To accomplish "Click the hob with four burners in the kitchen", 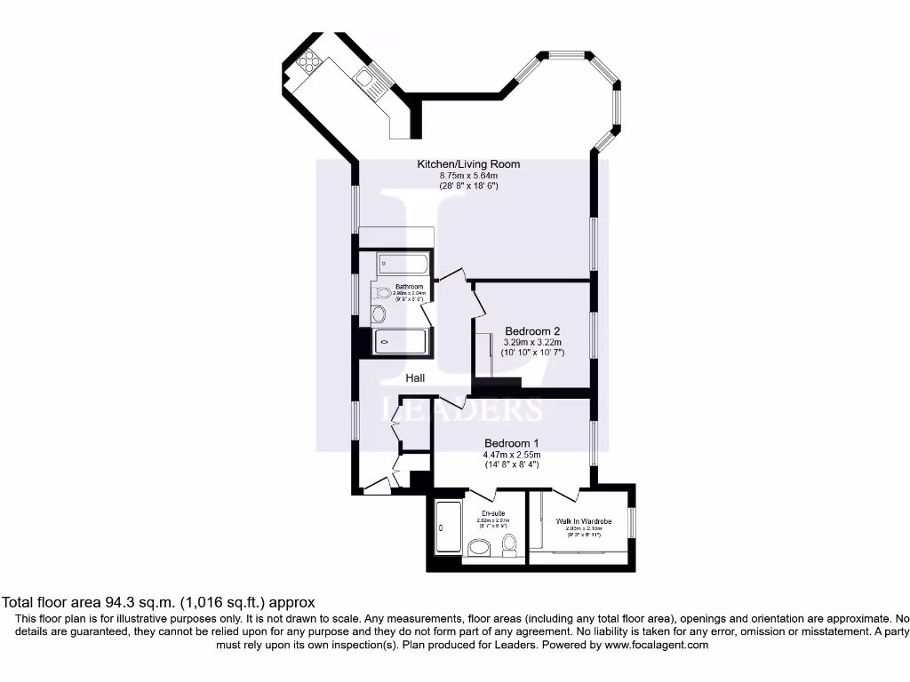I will (311, 61).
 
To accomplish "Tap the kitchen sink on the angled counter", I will (371, 81).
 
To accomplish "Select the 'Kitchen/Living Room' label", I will (468, 164).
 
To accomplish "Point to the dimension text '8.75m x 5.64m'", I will (468, 176).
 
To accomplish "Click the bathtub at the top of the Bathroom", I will (403, 264).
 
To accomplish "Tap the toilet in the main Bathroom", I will (383, 292).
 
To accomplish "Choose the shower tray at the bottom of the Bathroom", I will (401, 341).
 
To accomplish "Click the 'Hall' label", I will (415, 378).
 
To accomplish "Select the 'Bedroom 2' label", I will (532, 331).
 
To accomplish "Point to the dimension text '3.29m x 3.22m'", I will (533, 342).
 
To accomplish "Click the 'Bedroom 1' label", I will (511, 443).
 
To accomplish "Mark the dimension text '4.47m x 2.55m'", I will (511, 455).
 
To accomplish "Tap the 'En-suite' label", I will (493, 514).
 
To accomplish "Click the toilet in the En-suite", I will (510, 544).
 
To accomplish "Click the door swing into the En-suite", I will (483, 493).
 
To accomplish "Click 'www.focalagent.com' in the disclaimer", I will (656, 646).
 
